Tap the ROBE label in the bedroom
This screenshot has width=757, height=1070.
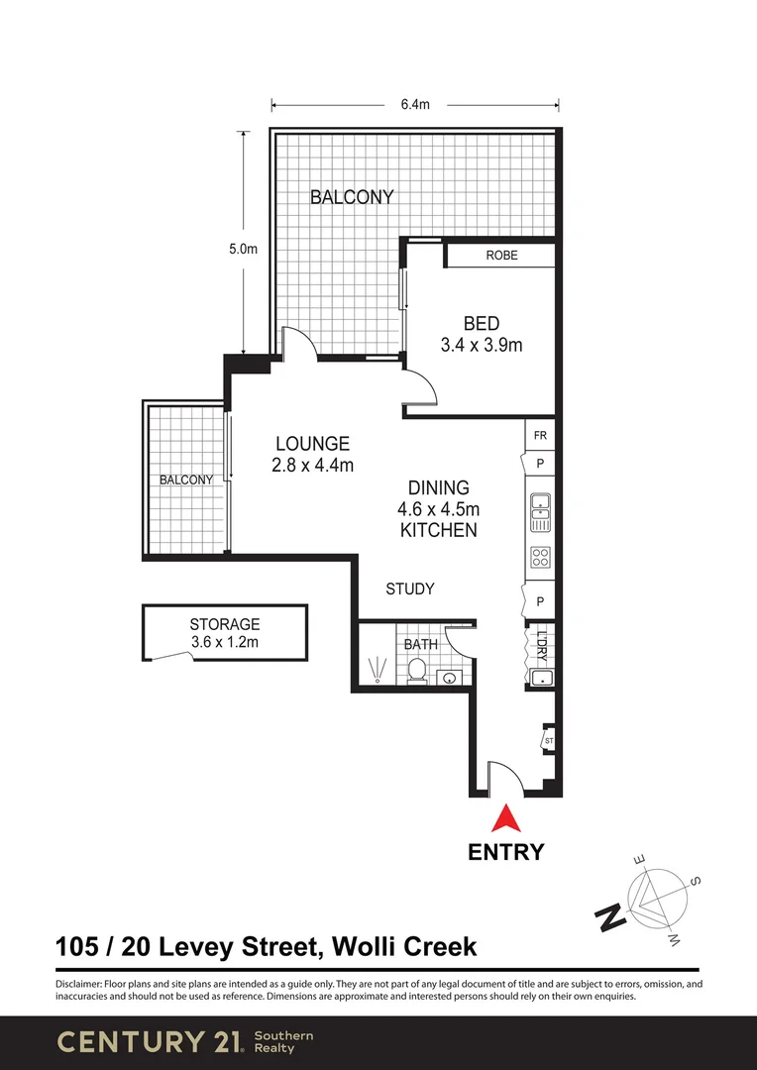point(501,256)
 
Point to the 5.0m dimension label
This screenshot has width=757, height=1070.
point(243,250)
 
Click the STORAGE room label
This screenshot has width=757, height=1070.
point(225,624)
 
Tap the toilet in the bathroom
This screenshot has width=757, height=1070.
point(417,673)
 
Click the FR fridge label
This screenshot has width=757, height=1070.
point(541,435)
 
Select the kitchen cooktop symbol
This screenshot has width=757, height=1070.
point(541,556)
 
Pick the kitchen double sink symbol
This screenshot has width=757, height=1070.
point(541,506)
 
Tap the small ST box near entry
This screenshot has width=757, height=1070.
point(548,740)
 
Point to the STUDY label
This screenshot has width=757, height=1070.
point(410,589)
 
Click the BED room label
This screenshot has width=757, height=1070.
point(482,323)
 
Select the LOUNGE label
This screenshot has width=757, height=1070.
point(312,444)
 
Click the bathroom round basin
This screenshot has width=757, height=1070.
point(450,679)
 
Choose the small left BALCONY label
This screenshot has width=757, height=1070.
point(186,481)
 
